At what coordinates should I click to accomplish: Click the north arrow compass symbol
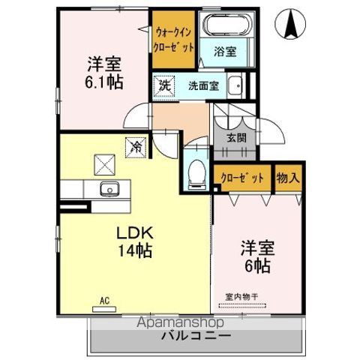click(289, 25)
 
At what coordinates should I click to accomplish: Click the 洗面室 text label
click(202, 85)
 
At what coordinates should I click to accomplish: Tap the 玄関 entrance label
click(226, 138)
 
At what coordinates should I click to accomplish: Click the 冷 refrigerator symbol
click(136, 147)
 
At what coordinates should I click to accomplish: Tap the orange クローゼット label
click(242, 178)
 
